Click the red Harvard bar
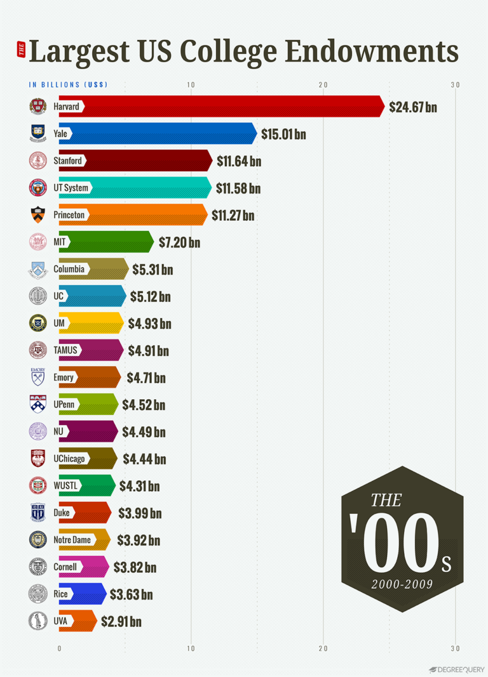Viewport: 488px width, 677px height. tap(229, 107)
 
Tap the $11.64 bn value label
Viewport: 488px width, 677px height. tap(239, 161)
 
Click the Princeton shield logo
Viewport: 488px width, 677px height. tap(38, 215)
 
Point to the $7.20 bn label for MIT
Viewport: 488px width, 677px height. tap(179, 242)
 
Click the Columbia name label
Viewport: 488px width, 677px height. tap(69, 269)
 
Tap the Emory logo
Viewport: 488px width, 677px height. tap(38, 376)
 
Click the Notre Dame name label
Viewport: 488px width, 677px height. tap(72, 540)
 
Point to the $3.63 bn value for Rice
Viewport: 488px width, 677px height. tap(132, 595)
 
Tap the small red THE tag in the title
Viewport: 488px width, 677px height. tap(21, 52)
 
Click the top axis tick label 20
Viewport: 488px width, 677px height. tap(323, 85)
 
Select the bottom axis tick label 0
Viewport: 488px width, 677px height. tap(59, 648)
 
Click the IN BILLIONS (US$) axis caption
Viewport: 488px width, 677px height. tap(68, 85)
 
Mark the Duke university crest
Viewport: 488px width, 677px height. tap(38, 512)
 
